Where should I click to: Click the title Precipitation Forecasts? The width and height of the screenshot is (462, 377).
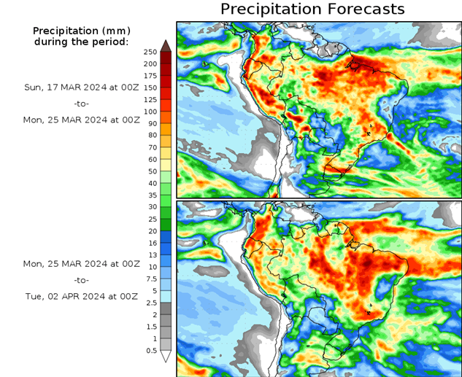[312, 9]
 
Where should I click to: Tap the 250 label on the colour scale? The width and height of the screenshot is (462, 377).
[150, 52]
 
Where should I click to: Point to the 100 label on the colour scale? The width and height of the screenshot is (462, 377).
[150, 112]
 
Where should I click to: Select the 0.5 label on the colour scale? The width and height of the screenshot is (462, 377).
[150, 351]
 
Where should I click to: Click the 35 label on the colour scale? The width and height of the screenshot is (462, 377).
[150, 195]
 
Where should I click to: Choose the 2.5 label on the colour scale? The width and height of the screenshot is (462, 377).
[150, 303]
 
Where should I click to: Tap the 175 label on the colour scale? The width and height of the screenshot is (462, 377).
[150, 76]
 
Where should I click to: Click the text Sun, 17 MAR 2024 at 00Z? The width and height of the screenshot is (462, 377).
[81, 87]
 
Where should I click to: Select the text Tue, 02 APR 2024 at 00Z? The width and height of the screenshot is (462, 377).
[81, 297]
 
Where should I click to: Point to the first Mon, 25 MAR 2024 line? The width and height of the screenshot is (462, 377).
[81, 120]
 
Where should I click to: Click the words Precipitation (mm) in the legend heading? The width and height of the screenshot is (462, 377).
[81, 31]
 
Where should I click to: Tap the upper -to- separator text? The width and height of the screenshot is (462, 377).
[81, 104]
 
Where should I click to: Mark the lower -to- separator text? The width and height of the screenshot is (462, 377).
[81, 280]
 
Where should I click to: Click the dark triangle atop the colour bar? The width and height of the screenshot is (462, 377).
[166, 46]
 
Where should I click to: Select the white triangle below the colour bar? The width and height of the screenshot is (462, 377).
[166, 357]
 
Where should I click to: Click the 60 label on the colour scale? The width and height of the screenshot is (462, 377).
[150, 160]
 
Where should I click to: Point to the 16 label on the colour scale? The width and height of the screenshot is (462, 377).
[150, 243]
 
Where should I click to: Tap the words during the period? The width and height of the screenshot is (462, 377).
[81, 42]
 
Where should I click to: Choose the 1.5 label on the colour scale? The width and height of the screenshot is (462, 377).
[150, 327]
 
